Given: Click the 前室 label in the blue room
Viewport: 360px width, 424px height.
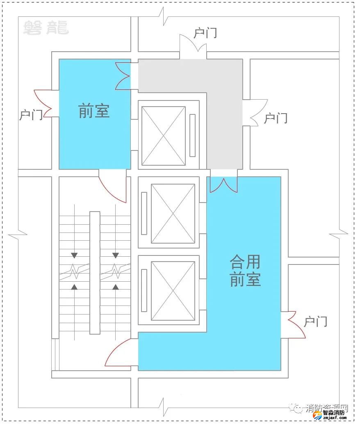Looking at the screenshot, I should click(x=94, y=111).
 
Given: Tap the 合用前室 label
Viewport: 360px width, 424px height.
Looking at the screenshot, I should click(x=245, y=271).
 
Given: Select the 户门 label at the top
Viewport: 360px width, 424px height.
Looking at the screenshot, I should click(x=205, y=33).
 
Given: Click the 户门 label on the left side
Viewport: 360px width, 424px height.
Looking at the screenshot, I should click(x=31, y=115).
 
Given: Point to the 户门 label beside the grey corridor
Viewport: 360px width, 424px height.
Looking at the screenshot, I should click(x=276, y=119).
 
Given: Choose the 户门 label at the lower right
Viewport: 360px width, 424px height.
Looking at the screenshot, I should click(x=315, y=322).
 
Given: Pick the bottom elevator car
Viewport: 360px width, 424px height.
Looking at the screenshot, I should click(x=173, y=290).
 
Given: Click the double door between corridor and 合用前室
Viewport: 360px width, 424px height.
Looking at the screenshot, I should click(x=223, y=185).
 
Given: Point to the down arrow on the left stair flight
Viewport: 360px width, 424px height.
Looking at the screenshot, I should click(x=74, y=255).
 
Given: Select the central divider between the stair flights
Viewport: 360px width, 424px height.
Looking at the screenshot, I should click(x=95, y=273).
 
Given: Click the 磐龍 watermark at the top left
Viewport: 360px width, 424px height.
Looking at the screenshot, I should click(x=46, y=27).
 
